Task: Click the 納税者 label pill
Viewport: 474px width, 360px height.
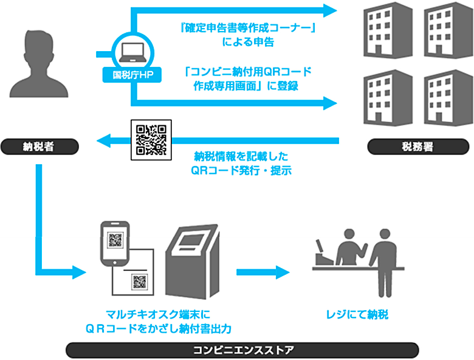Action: [x=39, y=147]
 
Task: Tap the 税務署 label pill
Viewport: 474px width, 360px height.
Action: [x=418, y=147]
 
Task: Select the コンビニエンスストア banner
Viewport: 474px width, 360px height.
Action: [x=242, y=350]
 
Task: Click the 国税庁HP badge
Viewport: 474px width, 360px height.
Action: [x=132, y=75]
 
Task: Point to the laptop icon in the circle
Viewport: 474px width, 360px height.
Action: [x=133, y=53]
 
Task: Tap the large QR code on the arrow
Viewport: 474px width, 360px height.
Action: [x=151, y=140]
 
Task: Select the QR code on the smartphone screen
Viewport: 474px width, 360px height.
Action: [x=115, y=240]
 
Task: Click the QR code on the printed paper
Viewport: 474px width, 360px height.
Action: [x=140, y=282]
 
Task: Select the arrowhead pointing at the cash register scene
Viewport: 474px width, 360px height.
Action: [x=283, y=272]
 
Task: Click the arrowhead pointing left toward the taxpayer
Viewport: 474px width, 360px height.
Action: [x=104, y=140]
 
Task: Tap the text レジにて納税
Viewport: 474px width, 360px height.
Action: [x=357, y=314]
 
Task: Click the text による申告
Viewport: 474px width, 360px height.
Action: [x=248, y=42]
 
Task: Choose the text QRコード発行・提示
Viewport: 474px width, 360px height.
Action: [x=241, y=171]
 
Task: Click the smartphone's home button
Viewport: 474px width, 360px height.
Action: [x=115, y=263]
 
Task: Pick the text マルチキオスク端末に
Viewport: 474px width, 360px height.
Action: [x=158, y=314]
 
